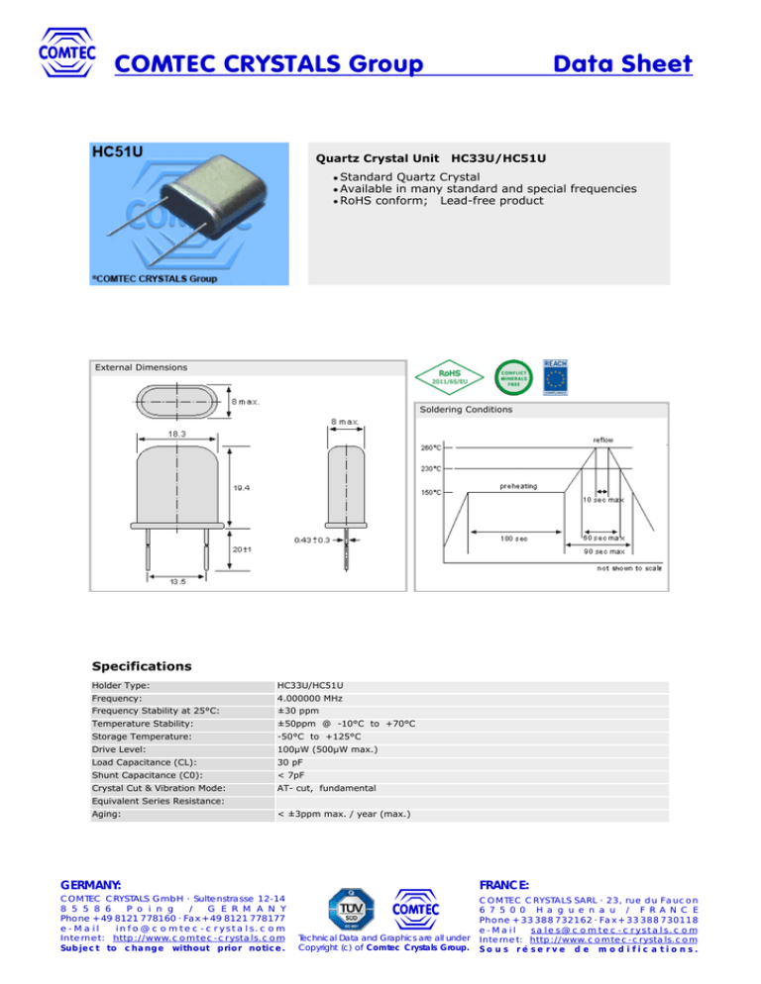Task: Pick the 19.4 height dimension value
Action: click(x=242, y=487)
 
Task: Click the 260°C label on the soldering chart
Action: click(x=431, y=446)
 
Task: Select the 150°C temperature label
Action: click(x=429, y=492)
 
